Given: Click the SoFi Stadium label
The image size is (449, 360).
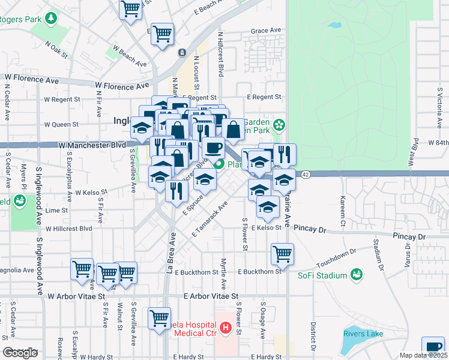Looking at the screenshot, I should [x=323, y=275].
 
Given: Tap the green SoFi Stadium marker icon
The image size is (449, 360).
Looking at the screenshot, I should [x=357, y=275].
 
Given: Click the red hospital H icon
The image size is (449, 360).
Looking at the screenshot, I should [x=225, y=328].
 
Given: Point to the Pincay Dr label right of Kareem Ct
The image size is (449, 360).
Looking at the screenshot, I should [x=409, y=237].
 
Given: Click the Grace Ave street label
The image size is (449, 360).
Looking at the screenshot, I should [x=266, y=30].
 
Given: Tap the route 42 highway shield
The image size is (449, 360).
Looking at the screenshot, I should [x=306, y=174].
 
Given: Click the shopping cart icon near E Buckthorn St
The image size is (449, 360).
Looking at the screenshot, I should [x=282, y=253].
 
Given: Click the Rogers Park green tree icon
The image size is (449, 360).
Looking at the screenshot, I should [x=52, y=19].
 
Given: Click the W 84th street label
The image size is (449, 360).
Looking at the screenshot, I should [x=438, y=143].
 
